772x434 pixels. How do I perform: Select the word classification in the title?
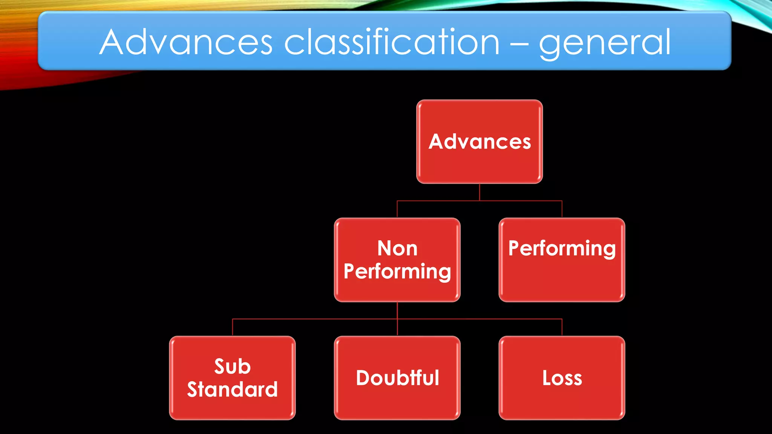pyautogui.click(x=392, y=42)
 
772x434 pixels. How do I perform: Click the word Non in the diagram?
pyautogui.click(x=397, y=249)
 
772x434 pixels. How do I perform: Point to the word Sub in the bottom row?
pyautogui.click(x=232, y=367)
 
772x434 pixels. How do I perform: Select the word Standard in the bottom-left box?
pyautogui.click(x=232, y=390)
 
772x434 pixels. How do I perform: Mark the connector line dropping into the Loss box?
pyautogui.click(x=562, y=327)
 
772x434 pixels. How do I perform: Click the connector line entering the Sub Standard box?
pyautogui.click(x=233, y=327)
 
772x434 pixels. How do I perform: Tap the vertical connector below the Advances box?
pyautogui.click(x=479, y=192)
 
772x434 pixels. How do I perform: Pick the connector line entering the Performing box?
pyautogui.click(x=562, y=209)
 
